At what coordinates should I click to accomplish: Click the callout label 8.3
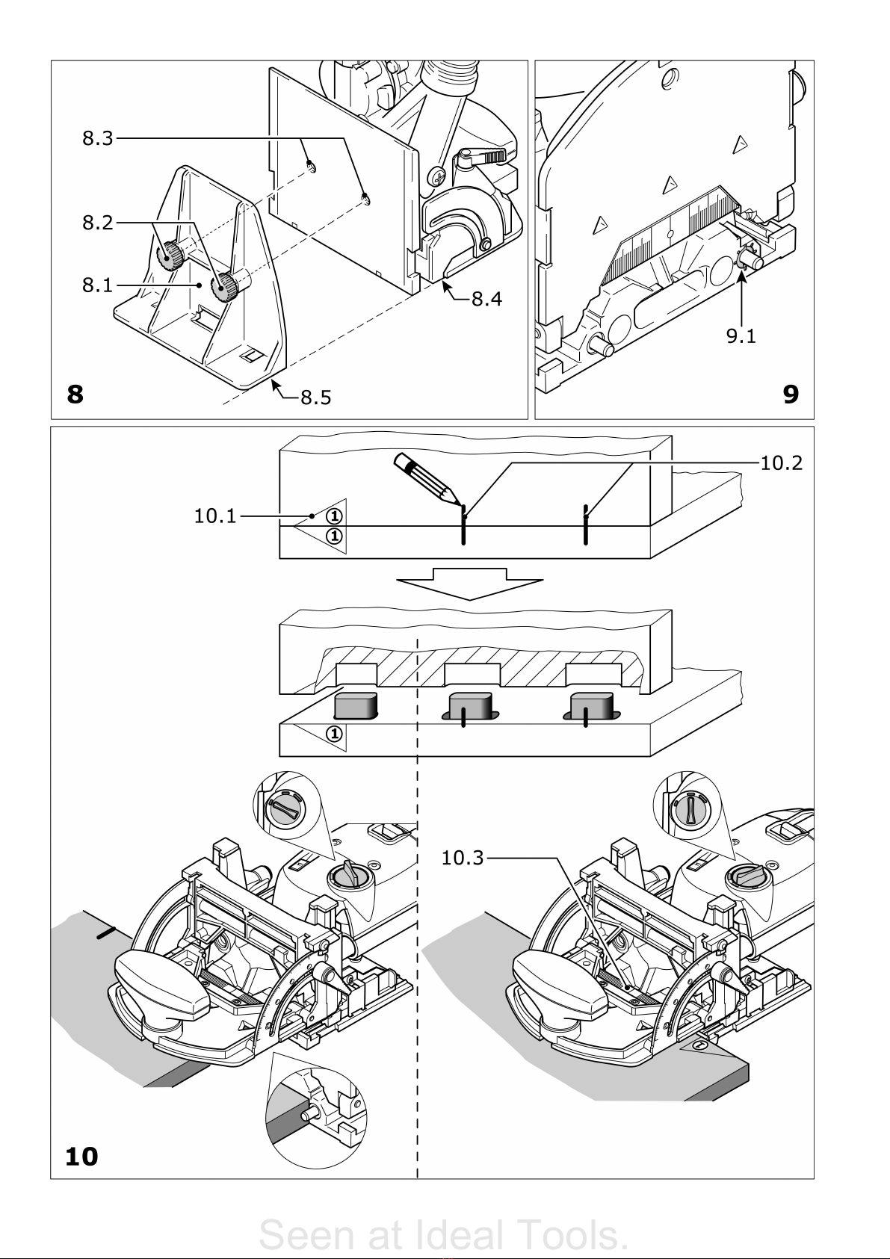coord(98,138)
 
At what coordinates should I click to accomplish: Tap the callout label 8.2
coord(98,223)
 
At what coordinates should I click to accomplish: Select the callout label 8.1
coord(98,285)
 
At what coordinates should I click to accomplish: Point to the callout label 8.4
coord(486,299)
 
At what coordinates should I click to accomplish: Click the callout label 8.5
coord(316,398)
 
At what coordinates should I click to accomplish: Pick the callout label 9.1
coord(741,336)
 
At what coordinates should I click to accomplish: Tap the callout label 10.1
coord(215,516)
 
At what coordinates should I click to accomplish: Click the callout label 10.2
coord(782,463)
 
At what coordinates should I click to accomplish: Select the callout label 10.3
coord(462,859)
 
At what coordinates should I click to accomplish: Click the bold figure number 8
coord(75,395)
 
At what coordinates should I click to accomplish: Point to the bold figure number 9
coord(791,395)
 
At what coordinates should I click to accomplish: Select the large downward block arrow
coord(469,584)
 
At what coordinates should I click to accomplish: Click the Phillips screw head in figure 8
coord(438,177)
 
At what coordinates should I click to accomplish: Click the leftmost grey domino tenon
coord(355,706)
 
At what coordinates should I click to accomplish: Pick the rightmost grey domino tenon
coord(590,706)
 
